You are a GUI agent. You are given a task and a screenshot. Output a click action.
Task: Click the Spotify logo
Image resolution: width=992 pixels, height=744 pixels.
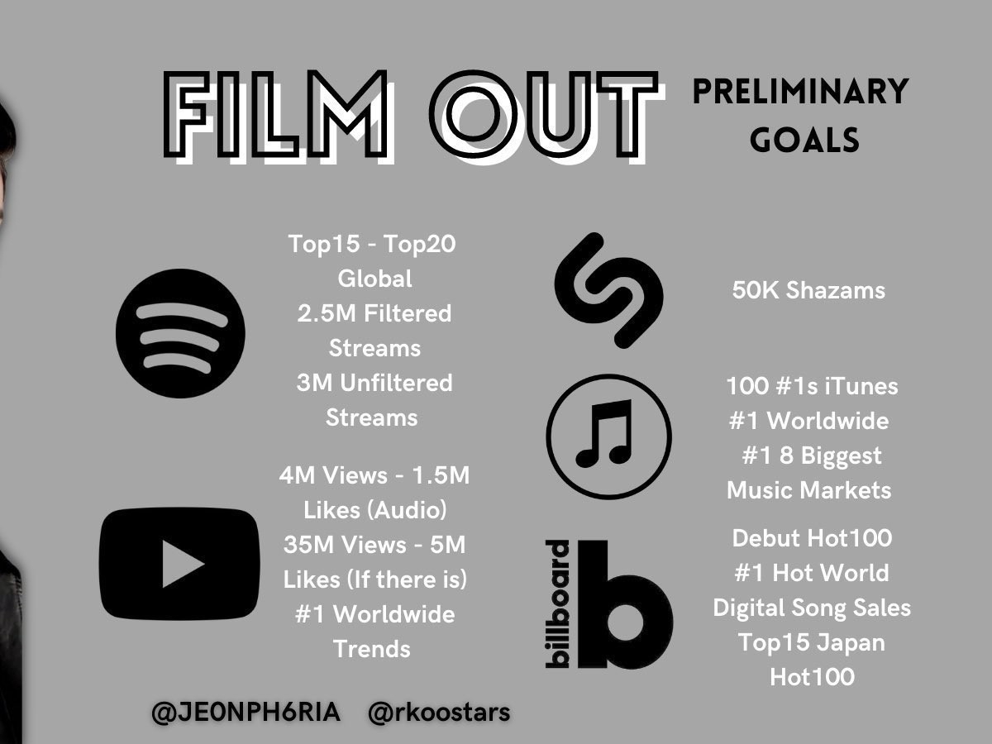[x=180, y=333]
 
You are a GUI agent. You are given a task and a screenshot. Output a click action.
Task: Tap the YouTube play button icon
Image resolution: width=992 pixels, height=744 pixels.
[x=179, y=563]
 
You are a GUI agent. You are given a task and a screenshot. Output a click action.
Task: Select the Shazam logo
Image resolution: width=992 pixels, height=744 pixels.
[x=608, y=290]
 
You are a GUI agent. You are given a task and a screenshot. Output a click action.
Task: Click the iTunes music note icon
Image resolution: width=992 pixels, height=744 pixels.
[x=608, y=436]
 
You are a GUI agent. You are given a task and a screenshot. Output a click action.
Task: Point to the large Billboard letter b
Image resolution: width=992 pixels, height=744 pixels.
[x=626, y=604]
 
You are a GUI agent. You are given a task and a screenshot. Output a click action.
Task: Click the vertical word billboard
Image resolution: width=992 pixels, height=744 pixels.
[x=557, y=604]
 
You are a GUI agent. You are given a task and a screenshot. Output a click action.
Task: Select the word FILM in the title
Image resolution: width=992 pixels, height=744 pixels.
[x=275, y=114]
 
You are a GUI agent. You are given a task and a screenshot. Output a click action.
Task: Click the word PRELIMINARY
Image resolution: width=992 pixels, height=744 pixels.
[x=800, y=91]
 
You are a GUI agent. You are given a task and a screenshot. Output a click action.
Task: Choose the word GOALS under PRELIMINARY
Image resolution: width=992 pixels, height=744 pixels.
[x=804, y=140]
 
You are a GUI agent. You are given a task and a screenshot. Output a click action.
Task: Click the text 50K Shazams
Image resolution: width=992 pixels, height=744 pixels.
[x=808, y=290]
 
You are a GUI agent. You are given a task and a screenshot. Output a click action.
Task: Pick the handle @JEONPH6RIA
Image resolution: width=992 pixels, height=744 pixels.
[x=246, y=713]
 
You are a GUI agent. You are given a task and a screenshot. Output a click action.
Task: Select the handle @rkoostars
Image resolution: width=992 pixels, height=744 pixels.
[x=439, y=713]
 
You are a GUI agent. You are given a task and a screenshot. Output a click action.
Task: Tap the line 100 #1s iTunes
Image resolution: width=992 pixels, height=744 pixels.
[x=812, y=386]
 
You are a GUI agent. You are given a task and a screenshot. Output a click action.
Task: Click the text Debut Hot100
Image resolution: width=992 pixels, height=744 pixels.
[x=812, y=538]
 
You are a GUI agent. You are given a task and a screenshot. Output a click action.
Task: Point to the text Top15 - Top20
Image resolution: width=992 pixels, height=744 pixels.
[x=372, y=244]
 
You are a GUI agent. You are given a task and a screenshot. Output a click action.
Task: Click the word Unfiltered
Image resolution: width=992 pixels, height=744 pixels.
[x=396, y=383]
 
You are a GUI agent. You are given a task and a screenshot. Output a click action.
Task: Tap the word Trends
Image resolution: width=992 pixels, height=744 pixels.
[x=372, y=649]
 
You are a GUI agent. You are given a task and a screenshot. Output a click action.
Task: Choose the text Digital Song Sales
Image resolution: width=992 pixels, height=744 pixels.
[x=812, y=608]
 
